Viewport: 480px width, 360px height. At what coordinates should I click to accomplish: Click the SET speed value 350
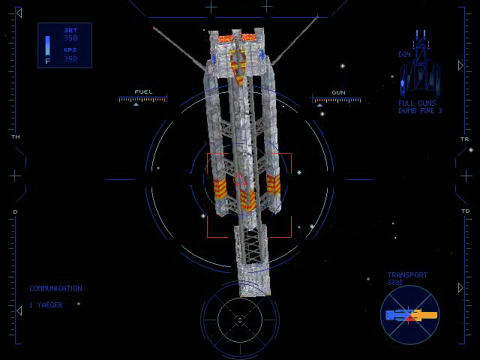(x=70, y=37)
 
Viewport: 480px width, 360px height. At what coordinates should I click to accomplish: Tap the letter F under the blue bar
(x=48, y=61)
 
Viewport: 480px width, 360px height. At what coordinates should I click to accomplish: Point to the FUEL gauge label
(x=143, y=92)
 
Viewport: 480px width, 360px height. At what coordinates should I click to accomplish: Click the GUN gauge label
(x=338, y=92)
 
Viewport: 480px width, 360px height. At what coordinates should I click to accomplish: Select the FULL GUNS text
(x=417, y=103)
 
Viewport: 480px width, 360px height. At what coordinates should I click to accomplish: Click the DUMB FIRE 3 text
(x=420, y=111)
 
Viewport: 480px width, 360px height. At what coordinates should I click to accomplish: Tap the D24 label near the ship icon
(x=404, y=55)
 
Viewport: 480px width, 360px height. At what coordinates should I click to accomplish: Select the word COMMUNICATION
(x=55, y=289)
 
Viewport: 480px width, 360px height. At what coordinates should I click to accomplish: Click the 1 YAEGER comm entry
(x=46, y=305)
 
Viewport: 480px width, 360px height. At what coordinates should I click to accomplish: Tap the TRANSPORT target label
(x=407, y=275)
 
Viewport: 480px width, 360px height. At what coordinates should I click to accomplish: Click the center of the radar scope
(x=240, y=320)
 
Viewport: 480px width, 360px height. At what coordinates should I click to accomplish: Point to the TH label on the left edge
(x=15, y=137)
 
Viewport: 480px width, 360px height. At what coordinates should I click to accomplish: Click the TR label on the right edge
(x=464, y=139)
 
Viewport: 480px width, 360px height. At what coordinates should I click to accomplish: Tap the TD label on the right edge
(x=465, y=211)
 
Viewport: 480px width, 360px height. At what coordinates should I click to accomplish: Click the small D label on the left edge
(x=15, y=211)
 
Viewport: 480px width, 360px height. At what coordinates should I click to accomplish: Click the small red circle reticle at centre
(x=241, y=181)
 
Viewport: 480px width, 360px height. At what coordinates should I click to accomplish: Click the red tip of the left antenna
(x=154, y=29)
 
